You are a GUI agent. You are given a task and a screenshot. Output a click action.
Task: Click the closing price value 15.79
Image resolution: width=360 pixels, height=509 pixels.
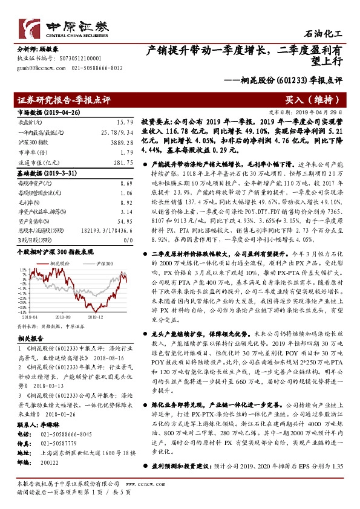(x=124, y=122)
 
